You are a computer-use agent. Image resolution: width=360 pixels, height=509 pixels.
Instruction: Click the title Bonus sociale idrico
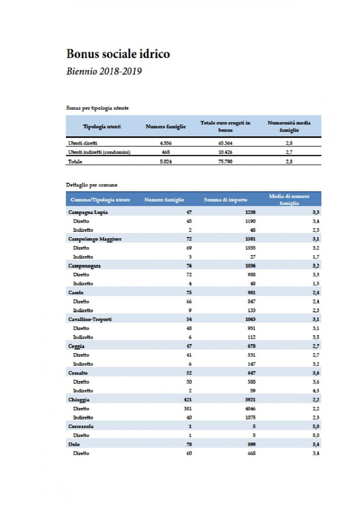118,54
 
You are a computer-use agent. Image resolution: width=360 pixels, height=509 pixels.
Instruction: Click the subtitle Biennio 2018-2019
104,72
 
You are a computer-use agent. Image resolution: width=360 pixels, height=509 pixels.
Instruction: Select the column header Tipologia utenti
102,126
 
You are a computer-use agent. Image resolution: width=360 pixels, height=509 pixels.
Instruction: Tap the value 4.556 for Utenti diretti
165,143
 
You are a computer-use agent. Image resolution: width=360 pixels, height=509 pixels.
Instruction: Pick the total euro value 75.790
225,161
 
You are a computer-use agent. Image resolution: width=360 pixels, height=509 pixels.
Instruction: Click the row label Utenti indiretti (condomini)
99,152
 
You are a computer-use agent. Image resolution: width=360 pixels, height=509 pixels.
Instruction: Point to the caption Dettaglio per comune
91,185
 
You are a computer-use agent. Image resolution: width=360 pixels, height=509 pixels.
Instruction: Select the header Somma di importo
226,200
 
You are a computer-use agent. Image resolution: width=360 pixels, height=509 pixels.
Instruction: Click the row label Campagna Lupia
88,212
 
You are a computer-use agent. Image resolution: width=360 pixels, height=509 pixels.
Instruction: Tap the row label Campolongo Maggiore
95,239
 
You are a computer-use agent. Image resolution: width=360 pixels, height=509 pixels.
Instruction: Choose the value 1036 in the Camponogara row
250,266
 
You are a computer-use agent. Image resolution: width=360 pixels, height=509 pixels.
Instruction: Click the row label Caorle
76,292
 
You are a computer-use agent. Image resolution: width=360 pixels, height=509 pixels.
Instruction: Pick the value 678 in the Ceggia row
251,346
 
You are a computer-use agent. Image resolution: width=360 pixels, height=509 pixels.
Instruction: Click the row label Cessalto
78,373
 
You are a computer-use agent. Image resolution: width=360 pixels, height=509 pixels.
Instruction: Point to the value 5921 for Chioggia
250,400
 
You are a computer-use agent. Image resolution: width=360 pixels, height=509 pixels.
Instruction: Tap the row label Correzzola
81,427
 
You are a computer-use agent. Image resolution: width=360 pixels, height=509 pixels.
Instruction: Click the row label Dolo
74,444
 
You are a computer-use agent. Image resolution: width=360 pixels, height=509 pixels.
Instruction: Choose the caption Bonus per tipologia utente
97,108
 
